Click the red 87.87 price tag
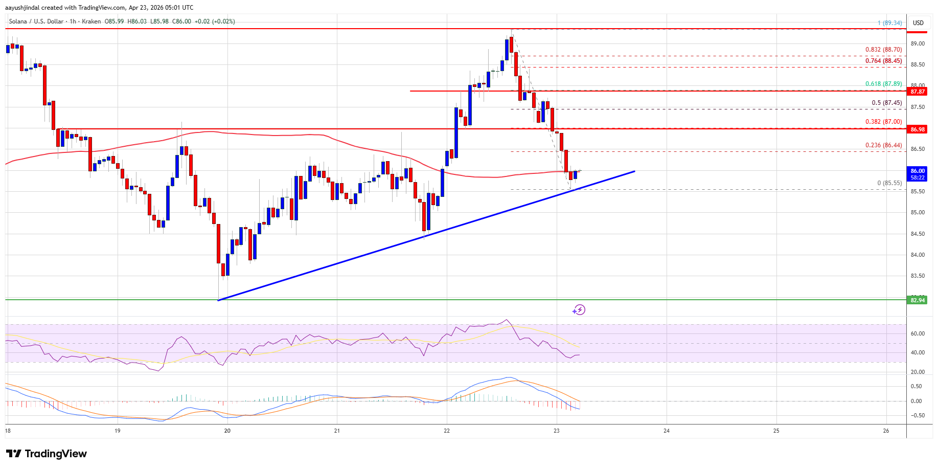(918, 92)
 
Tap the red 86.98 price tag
(918, 129)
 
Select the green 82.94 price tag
(918, 300)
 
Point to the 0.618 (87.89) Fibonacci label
(883, 84)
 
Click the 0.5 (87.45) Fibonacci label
(886, 103)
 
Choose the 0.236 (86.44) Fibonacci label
(883, 145)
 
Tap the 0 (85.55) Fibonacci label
(889, 183)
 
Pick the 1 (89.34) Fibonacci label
(889, 23)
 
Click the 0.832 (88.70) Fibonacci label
(883, 50)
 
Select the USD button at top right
(918, 23)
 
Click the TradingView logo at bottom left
(47, 454)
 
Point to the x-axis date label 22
(447, 431)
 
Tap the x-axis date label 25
(776, 431)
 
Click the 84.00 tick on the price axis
(918, 255)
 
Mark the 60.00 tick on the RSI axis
(918, 333)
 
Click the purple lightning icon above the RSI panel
(579, 310)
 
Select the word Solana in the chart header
(18, 21)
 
